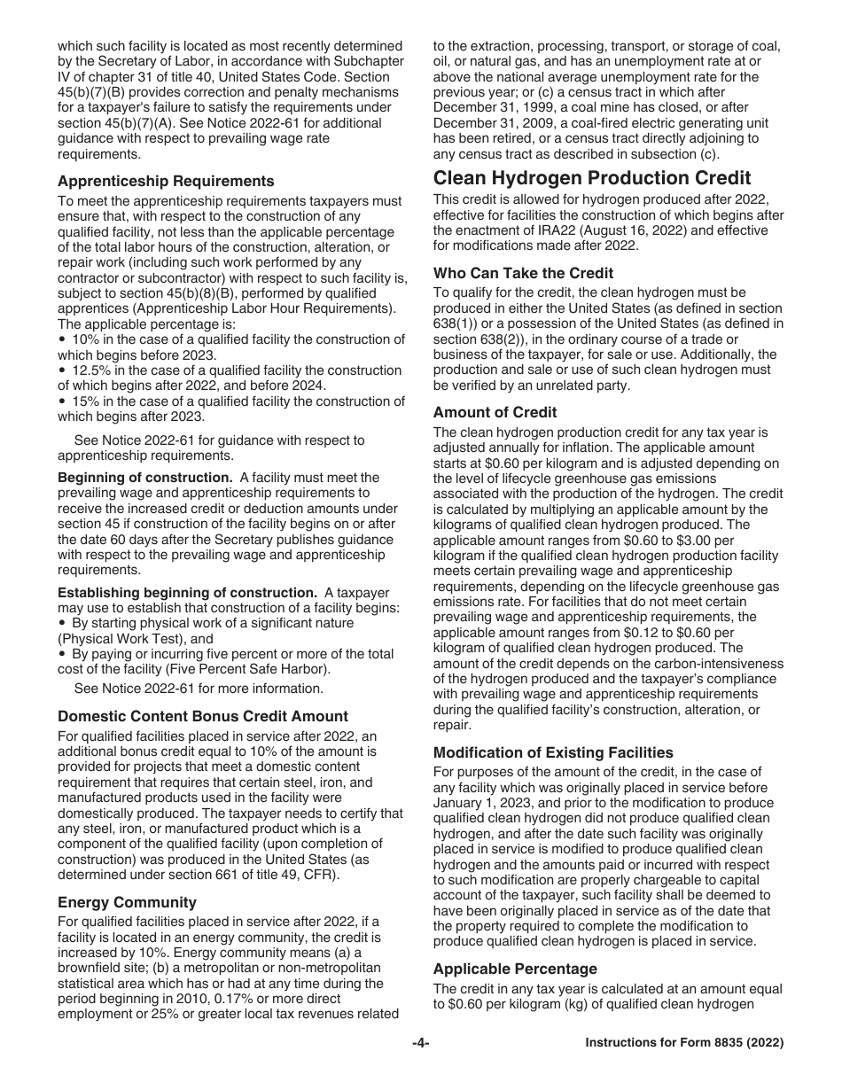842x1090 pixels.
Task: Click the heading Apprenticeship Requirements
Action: tap(166, 182)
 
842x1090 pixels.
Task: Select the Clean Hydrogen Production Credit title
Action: tap(592, 178)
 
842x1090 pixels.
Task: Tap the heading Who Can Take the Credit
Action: tap(523, 273)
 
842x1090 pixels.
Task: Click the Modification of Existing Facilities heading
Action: tap(553, 752)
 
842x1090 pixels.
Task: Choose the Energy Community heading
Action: tap(127, 902)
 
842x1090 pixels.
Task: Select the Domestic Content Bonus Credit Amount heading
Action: tap(203, 716)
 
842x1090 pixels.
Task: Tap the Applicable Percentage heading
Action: tap(515, 969)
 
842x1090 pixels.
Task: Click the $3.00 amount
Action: tap(682, 539)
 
